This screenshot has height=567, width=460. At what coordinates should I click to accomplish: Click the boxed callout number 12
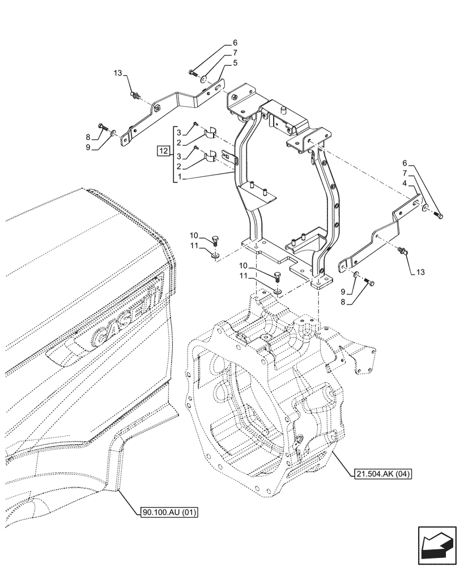[164, 151]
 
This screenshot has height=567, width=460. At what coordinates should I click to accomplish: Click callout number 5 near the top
[235, 63]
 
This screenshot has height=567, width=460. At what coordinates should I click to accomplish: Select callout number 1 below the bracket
[180, 177]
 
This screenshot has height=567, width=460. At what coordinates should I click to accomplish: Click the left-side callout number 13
[117, 74]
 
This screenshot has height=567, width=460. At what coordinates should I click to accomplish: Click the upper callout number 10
[194, 235]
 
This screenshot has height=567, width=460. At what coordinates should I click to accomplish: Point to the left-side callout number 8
[88, 137]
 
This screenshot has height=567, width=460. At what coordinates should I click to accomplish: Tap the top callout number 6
[235, 43]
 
